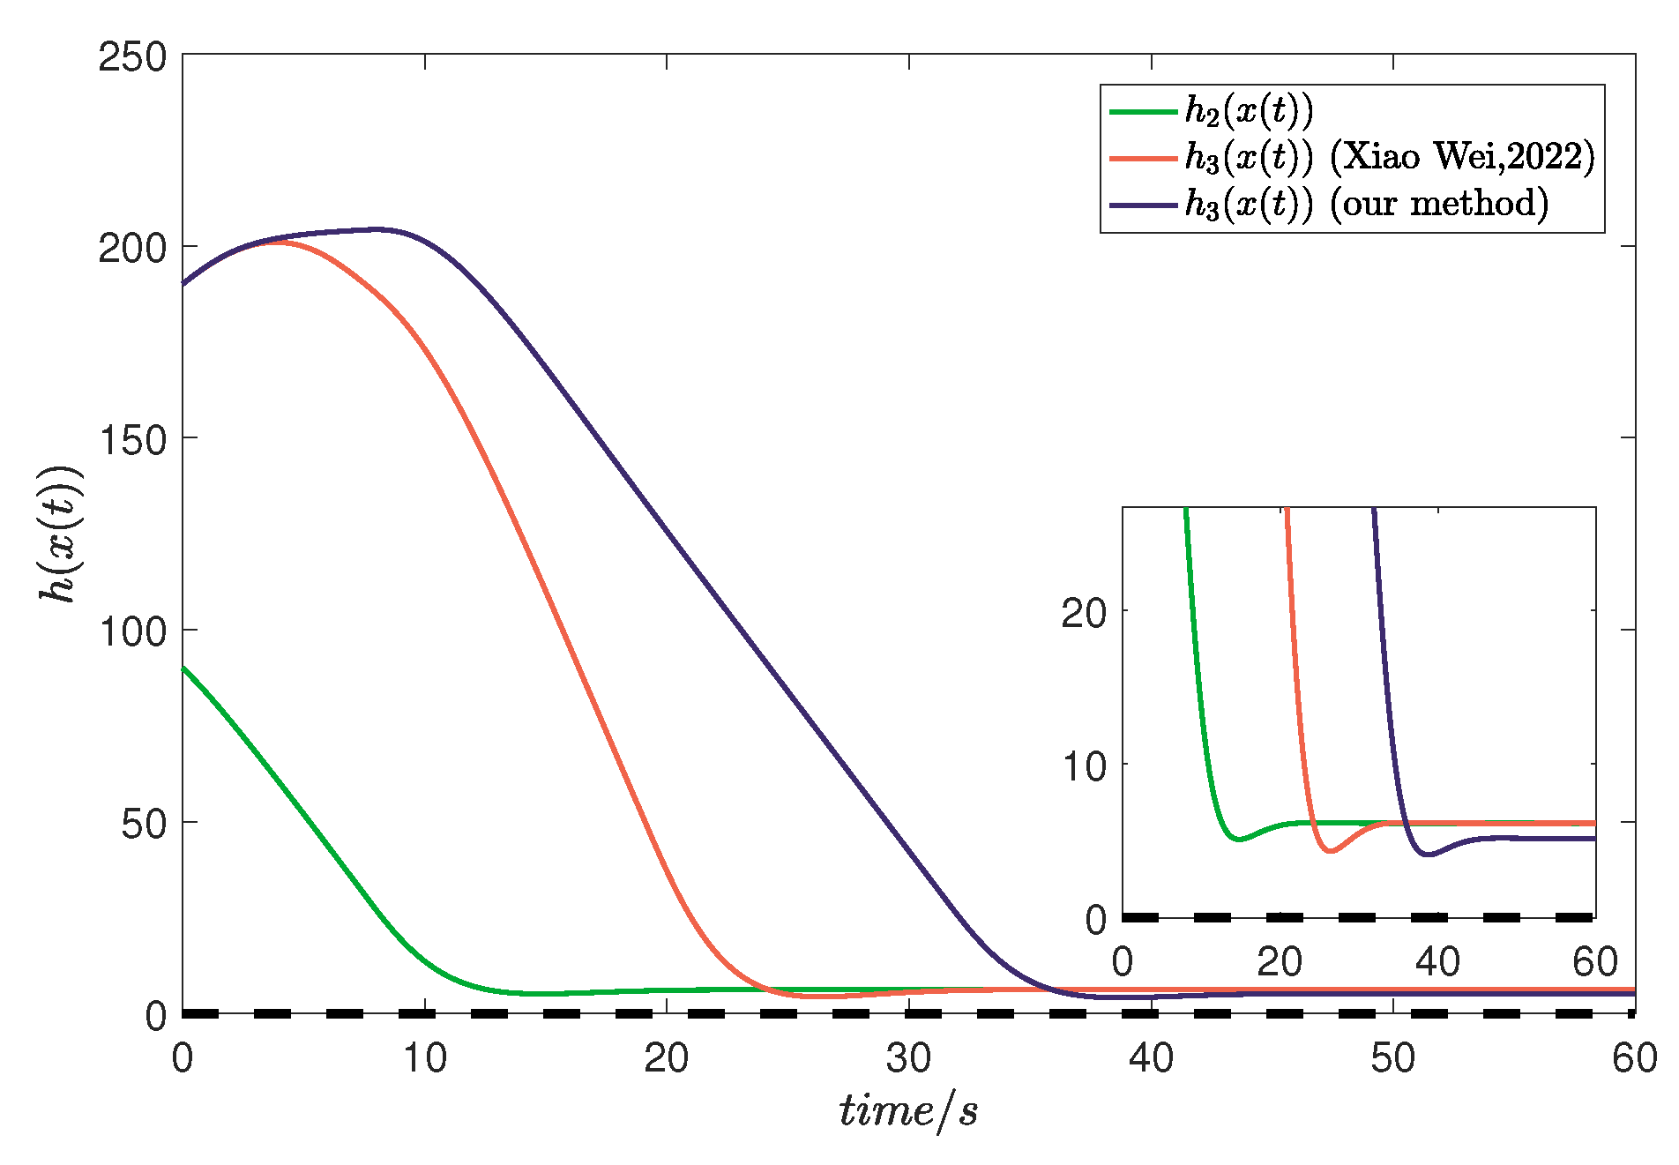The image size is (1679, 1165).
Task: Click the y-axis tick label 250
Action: click(132, 58)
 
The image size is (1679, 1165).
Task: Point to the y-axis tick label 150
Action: click(132, 440)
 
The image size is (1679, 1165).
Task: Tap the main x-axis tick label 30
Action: click(908, 1057)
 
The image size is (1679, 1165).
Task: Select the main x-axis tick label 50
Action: click(1392, 1057)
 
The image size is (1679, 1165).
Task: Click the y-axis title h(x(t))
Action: click(60, 534)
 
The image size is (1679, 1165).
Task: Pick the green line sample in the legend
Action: click(1143, 112)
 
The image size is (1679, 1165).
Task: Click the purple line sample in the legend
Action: click(1143, 205)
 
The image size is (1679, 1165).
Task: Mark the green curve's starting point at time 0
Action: click(183, 668)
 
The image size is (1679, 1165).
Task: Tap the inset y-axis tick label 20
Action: click(1083, 612)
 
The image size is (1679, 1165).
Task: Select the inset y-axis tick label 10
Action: click(1083, 765)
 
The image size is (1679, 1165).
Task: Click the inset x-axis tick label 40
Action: click(1437, 961)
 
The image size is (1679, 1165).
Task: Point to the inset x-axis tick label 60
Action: click(1594, 961)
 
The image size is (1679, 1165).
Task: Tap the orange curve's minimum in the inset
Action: click(1332, 851)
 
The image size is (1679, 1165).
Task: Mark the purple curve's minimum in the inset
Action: click(1429, 855)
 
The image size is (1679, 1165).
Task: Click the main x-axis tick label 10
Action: click(424, 1057)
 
